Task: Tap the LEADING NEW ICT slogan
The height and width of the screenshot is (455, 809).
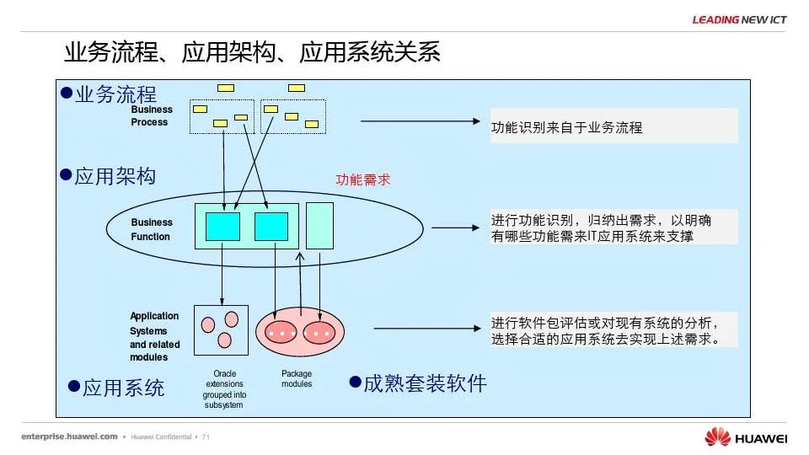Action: (x=739, y=19)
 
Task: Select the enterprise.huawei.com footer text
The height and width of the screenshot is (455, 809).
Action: (x=69, y=436)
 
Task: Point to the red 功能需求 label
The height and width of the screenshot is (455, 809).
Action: (x=363, y=179)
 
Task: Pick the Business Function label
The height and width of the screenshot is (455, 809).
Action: (x=152, y=229)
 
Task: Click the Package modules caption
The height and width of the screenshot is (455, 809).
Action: (x=297, y=378)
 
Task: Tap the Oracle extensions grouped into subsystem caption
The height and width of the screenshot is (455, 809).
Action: (x=223, y=388)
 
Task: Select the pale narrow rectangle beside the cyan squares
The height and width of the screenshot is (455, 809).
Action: (x=319, y=225)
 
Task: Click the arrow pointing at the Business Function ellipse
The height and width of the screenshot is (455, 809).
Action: (x=454, y=227)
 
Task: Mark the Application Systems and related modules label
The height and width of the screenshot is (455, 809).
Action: (x=155, y=336)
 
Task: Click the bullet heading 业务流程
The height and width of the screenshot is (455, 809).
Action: (x=115, y=94)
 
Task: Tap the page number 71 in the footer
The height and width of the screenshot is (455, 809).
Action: (x=206, y=437)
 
